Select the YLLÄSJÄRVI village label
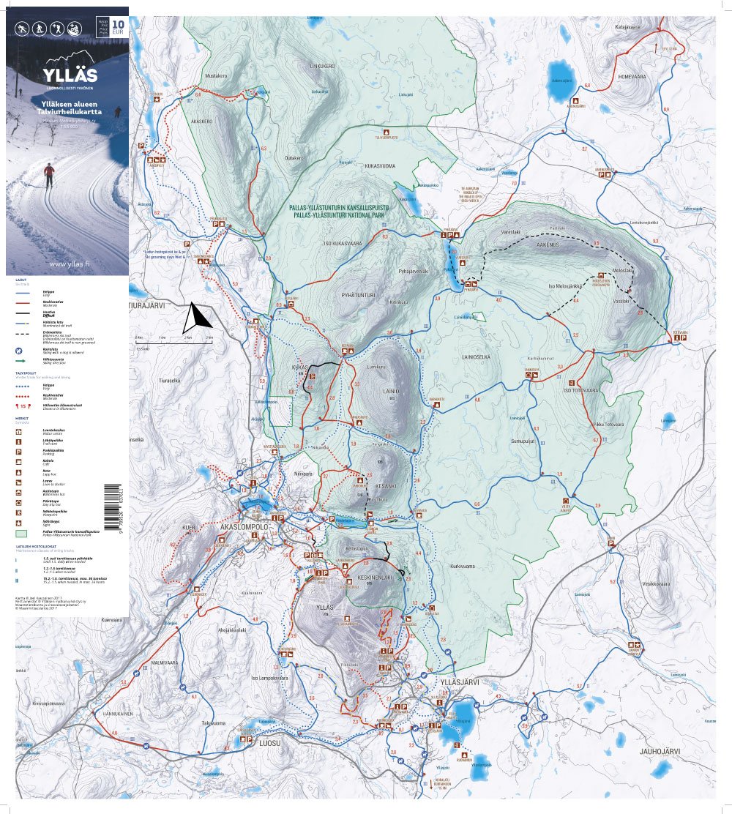[459, 682]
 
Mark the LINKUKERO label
[322, 66]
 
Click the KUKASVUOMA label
[380, 166]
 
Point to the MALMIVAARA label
[165, 662]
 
